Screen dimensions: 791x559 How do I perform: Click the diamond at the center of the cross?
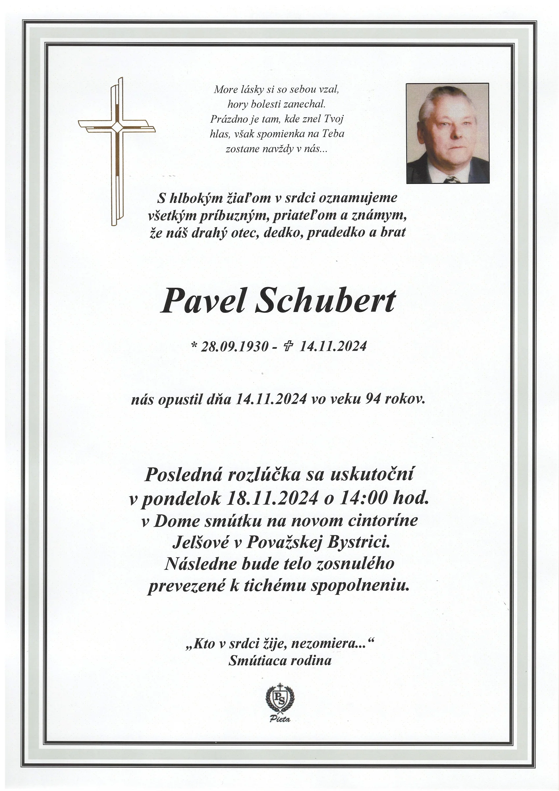[117, 127]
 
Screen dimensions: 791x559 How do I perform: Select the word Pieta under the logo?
[280, 719]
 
